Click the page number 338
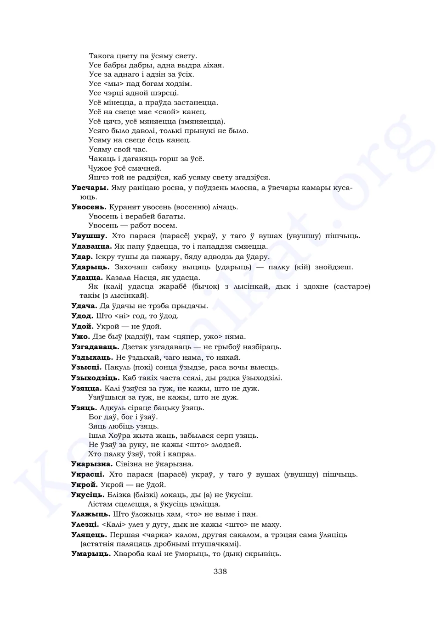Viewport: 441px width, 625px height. pyautogui.click(x=220, y=571)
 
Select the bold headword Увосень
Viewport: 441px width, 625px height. pyautogui.click(x=89, y=207)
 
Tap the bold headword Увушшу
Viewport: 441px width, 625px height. pyautogui.click(x=90, y=236)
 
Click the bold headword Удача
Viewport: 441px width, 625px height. pyautogui.click(x=84, y=306)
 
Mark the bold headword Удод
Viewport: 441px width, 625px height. pyautogui.click(x=82, y=316)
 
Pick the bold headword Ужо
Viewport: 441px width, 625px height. pyautogui.click(x=81, y=336)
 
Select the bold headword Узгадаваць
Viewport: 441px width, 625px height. pyautogui.click(x=95, y=347)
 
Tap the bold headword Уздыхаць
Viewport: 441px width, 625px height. pyautogui.click(x=92, y=357)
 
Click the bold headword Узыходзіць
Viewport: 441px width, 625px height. pyautogui.click(x=95, y=378)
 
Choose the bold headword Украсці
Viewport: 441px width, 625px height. pyautogui.click(x=88, y=474)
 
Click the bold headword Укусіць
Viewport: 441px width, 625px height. pyautogui.click(x=88, y=495)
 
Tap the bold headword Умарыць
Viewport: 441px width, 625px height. pyautogui.click(x=91, y=554)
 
